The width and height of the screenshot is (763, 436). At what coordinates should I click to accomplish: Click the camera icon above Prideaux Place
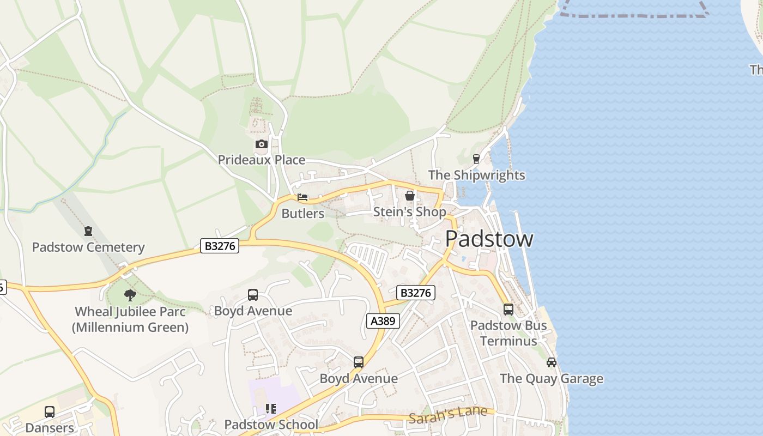(x=262, y=144)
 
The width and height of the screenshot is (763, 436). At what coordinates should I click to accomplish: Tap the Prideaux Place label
(x=262, y=160)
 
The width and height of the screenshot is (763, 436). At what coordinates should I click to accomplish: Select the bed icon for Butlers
(x=302, y=197)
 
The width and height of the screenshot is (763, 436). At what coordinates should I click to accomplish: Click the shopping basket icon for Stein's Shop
(x=410, y=196)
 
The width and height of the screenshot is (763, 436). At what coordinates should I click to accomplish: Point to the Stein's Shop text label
(x=409, y=212)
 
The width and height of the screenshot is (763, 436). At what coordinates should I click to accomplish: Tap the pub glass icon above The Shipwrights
(x=476, y=159)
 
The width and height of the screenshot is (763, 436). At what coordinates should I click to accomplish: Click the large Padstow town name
(x=489, y=239)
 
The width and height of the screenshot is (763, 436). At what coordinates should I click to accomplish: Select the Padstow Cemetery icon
(x=88, y=231)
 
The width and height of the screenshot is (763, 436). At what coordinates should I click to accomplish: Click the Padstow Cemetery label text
(x=88, y=247)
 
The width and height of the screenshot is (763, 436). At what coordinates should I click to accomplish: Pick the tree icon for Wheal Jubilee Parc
(x=130, y=295)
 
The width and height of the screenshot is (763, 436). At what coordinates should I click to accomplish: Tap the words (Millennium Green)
(x=130, y=328)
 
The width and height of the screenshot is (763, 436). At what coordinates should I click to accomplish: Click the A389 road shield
(x=383, y=321)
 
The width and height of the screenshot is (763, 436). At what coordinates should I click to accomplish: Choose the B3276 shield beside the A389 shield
(x=415, y=293)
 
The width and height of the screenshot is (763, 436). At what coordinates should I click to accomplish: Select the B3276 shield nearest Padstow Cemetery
(x=220, y=246)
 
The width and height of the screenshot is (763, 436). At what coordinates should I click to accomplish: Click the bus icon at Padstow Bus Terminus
(x=508, y=310)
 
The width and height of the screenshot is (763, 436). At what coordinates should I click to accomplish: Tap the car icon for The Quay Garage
(x=552, y=362)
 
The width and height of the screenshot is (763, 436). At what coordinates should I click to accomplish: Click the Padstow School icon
(x=271, y=408)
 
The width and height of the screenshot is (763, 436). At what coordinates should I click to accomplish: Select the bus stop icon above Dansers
(x=50, y=412)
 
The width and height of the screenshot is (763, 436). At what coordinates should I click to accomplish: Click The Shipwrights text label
(x=476, y=175)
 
